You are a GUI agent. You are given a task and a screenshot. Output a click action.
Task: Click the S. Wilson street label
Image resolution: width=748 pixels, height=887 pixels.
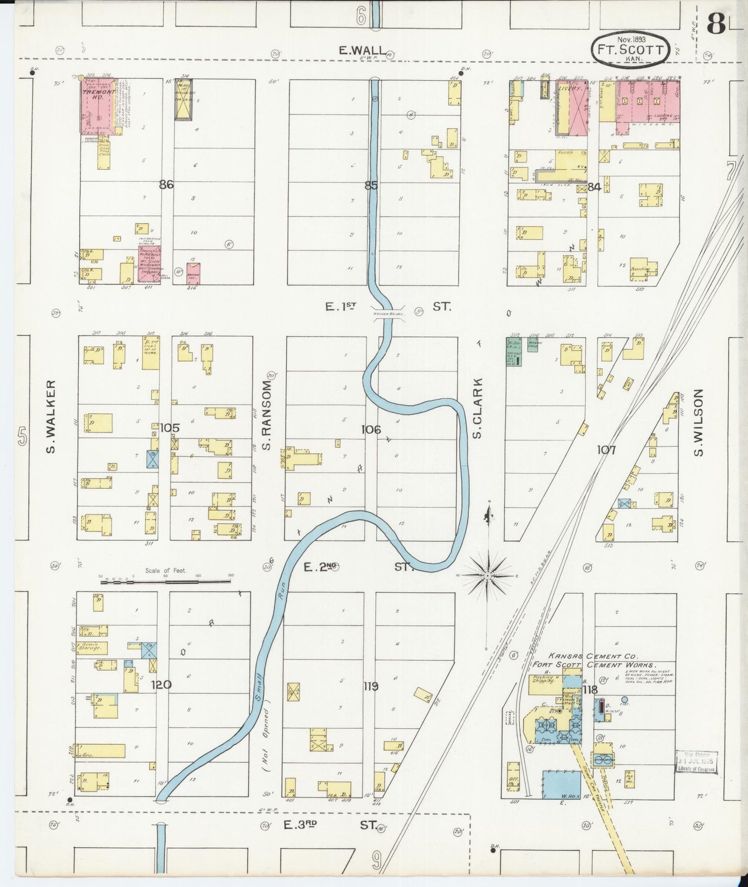click(x=698, y=423)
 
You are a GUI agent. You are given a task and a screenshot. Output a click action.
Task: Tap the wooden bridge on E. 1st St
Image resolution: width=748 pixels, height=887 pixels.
click(x=388, y=314)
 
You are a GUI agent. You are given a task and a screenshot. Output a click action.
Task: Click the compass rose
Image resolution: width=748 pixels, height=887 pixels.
click(x=488, y=575)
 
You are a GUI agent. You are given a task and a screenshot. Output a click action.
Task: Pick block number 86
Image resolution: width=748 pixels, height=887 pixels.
click(x=166, y=184)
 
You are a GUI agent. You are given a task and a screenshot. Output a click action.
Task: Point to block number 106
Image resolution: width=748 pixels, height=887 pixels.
click(x=371, y=429)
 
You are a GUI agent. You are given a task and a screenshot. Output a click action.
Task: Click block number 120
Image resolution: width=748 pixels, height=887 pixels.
click(x=161, y=685)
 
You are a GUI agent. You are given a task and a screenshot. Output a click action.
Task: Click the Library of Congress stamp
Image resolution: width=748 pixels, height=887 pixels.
click(x=697, y=761)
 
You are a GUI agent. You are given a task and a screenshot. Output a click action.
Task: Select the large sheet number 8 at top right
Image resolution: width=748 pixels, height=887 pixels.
click(x=716, y=24)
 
